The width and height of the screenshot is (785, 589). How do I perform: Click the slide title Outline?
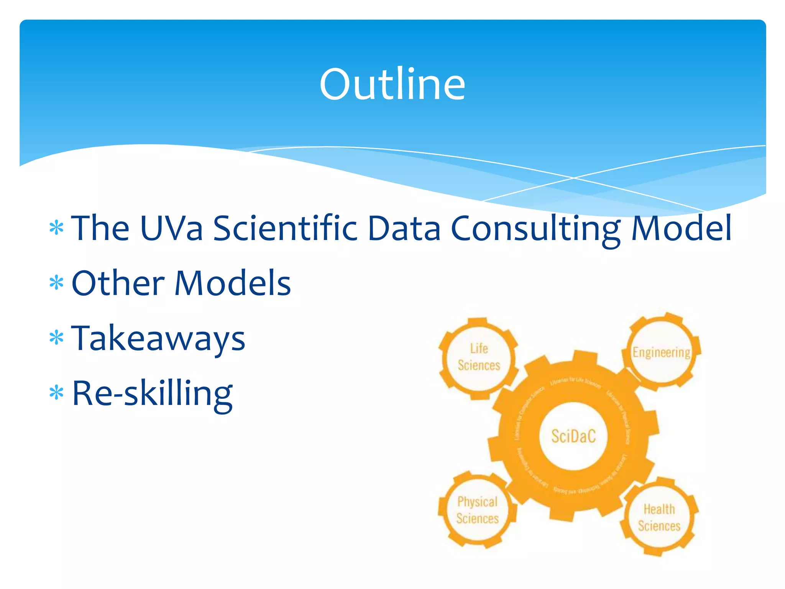tap(392, 84)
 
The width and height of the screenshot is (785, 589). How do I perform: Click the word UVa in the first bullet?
tap(171, 228)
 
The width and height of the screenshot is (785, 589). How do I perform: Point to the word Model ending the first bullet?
tap(681, 228)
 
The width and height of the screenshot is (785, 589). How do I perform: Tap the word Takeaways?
tap(158, 339)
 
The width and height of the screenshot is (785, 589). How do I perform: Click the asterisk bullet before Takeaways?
tap(56, 338)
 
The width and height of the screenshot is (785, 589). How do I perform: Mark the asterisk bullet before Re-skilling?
tap(56, 393)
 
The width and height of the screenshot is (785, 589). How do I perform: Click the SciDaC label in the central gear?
tap(573, 436)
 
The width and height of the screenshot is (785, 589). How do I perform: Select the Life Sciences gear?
tap(479, 357)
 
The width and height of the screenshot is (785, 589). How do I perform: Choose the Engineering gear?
tap(662, 352)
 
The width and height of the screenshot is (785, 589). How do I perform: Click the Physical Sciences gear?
tap(478, 510)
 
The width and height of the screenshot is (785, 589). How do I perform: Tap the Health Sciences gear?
tap(659, 518)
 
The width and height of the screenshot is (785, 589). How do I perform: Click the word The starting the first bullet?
tap(100, 228)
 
